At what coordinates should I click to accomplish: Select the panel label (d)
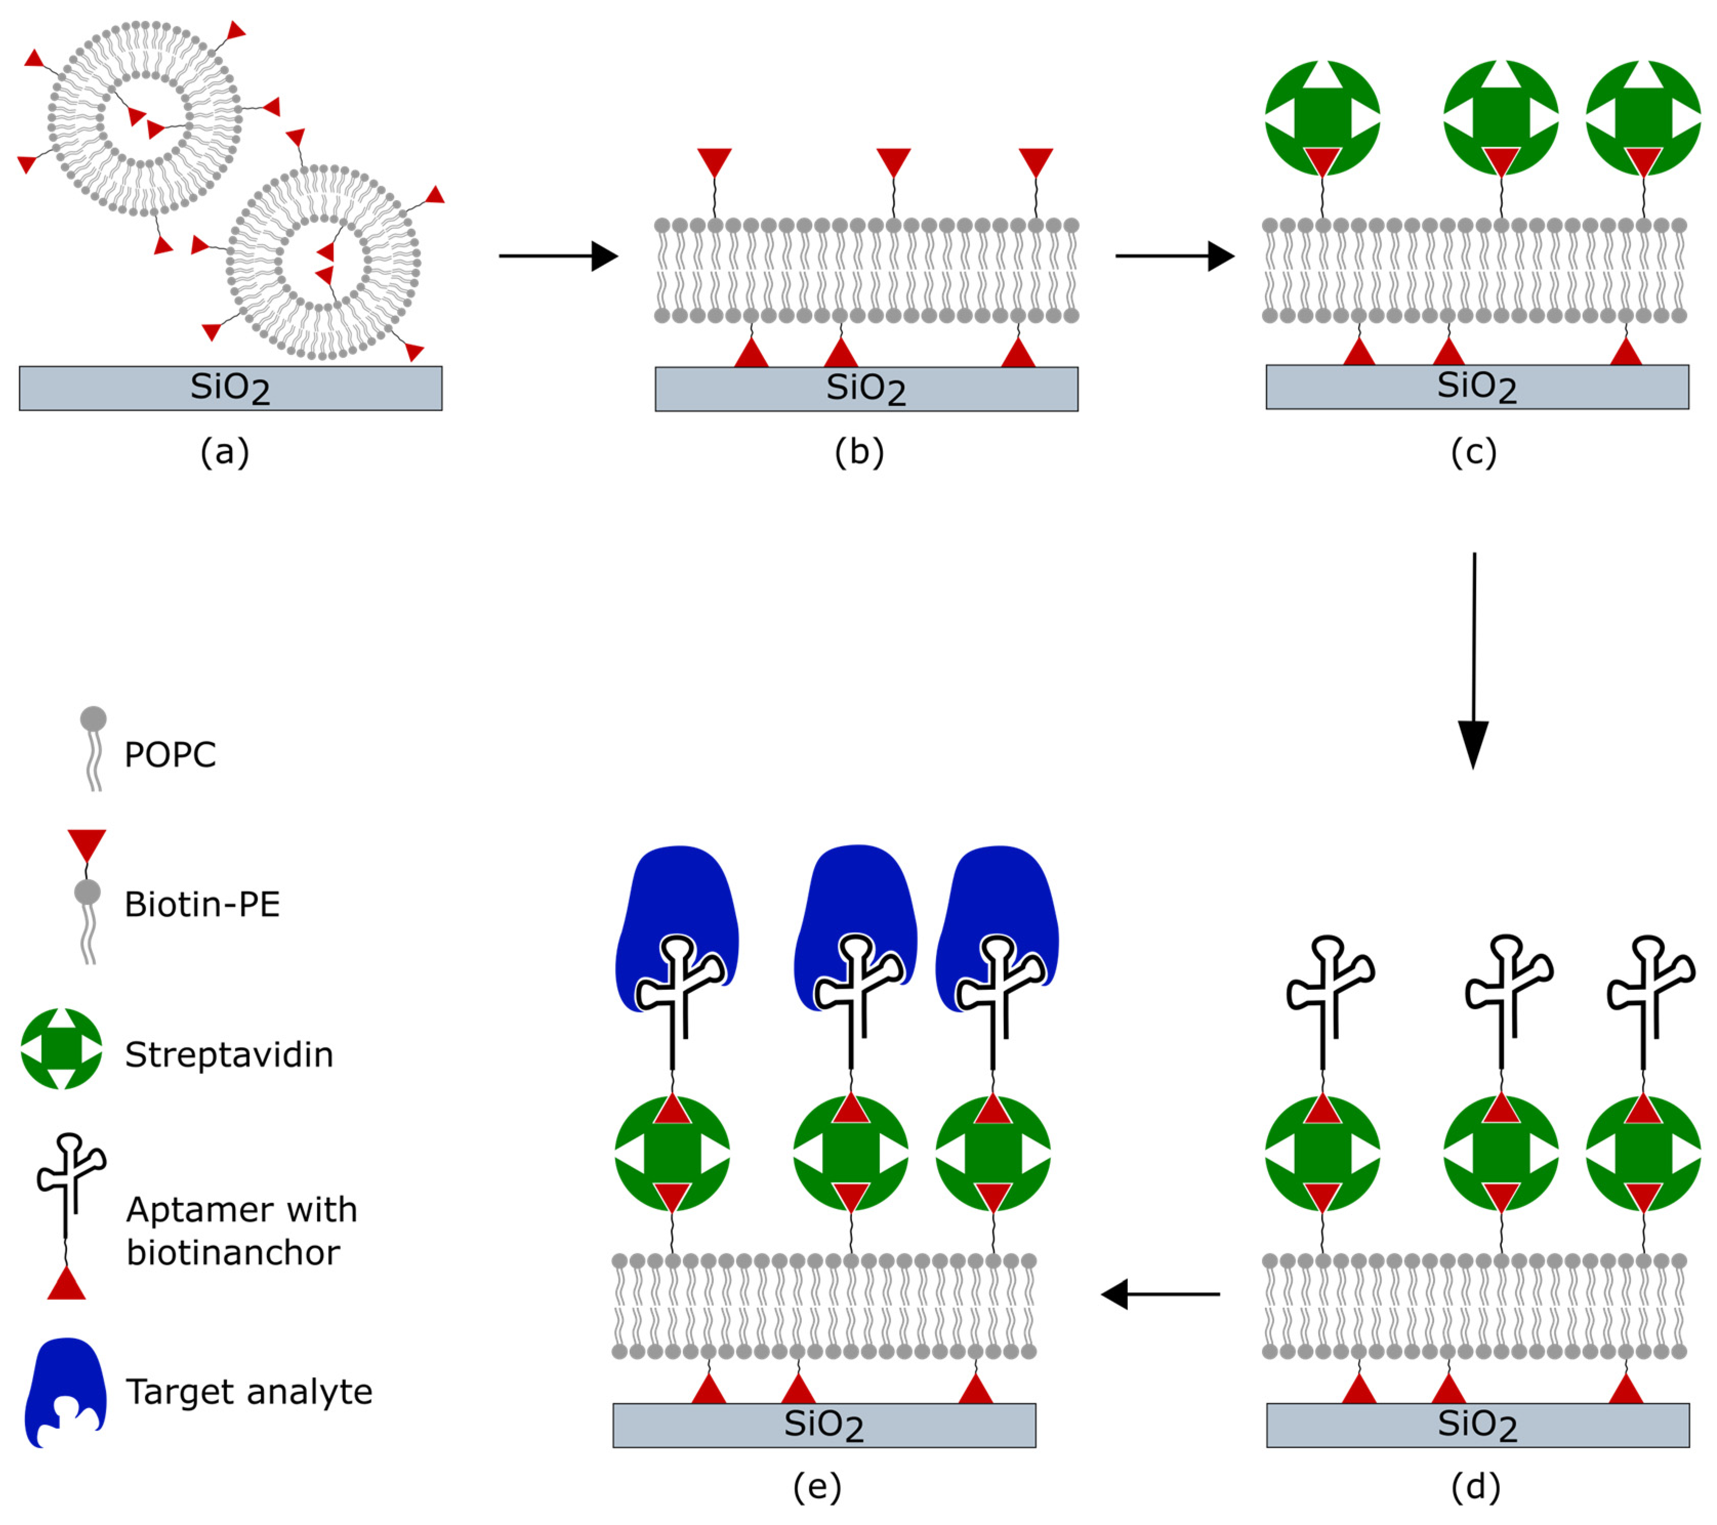click(x=1476, y=1487)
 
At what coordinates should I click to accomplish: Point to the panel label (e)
click(x=817, y=1487)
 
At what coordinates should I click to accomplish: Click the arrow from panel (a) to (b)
click(x=558, y=256)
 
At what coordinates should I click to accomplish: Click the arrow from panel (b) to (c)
click(x=1174, y=256)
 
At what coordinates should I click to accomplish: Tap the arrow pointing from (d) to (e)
click(x=1161, y=1294)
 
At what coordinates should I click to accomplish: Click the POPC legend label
click(x=171, y=755)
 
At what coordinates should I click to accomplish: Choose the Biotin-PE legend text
click(x=202, y=904)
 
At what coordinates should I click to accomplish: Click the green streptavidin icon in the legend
click(x=61, y=1049)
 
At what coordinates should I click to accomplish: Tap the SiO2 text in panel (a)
click(x=230, y=388)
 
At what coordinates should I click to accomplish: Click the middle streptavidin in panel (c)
click(x=1501, y=118)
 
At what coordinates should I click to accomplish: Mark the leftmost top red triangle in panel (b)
click(x=715, y=161)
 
